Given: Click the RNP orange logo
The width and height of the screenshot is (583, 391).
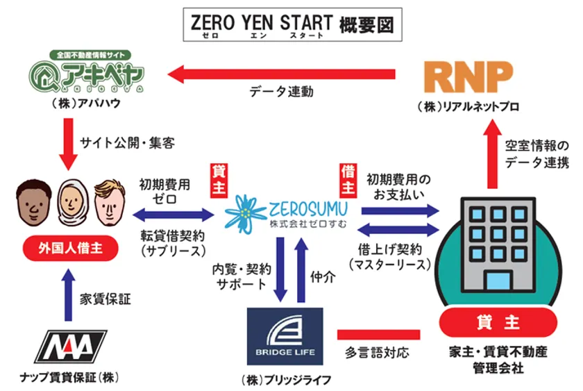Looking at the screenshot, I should pos(470,76).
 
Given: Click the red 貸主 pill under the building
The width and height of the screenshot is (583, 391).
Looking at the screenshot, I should pos(498,323).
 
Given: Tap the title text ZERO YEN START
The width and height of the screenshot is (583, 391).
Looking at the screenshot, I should pos(262,22).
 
